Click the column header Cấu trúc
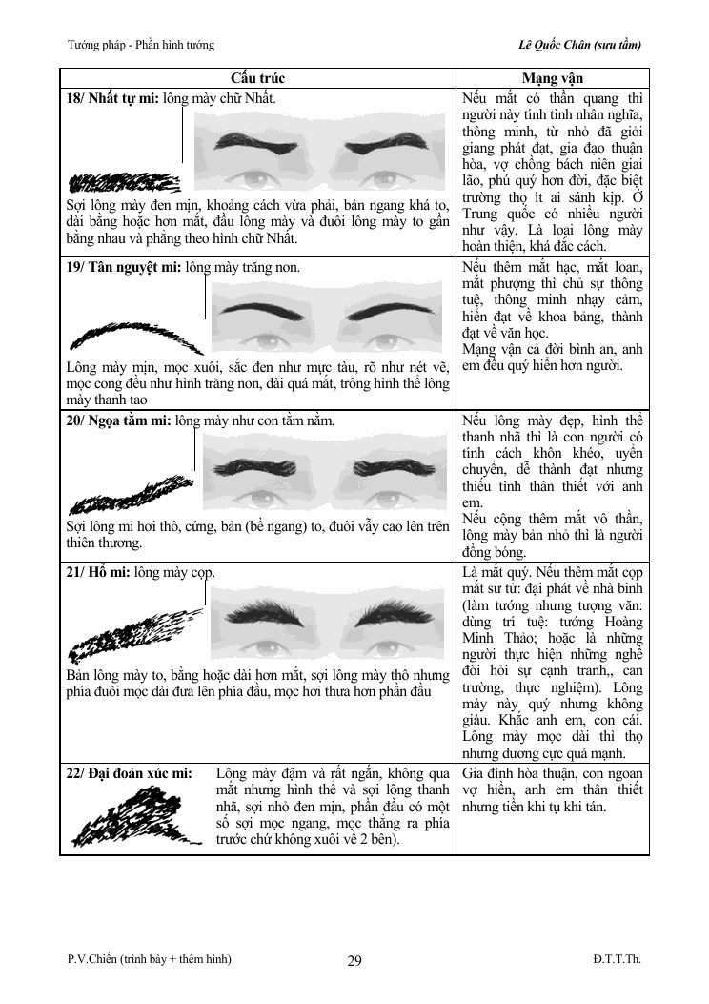[257, 78]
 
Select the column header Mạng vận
[552, 78]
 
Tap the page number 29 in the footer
[354, 960]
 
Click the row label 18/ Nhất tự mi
[112, 98]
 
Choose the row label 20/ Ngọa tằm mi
[118, 420]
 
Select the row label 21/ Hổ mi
[98, 572]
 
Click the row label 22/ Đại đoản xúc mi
[129, 773]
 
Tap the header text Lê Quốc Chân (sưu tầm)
[579, 45]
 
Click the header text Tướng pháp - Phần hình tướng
[141, 45]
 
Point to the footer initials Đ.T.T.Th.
[617, 958]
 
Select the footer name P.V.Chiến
[92, 958]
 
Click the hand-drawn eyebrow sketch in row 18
[124, 182]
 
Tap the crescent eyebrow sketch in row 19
[135, 337]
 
